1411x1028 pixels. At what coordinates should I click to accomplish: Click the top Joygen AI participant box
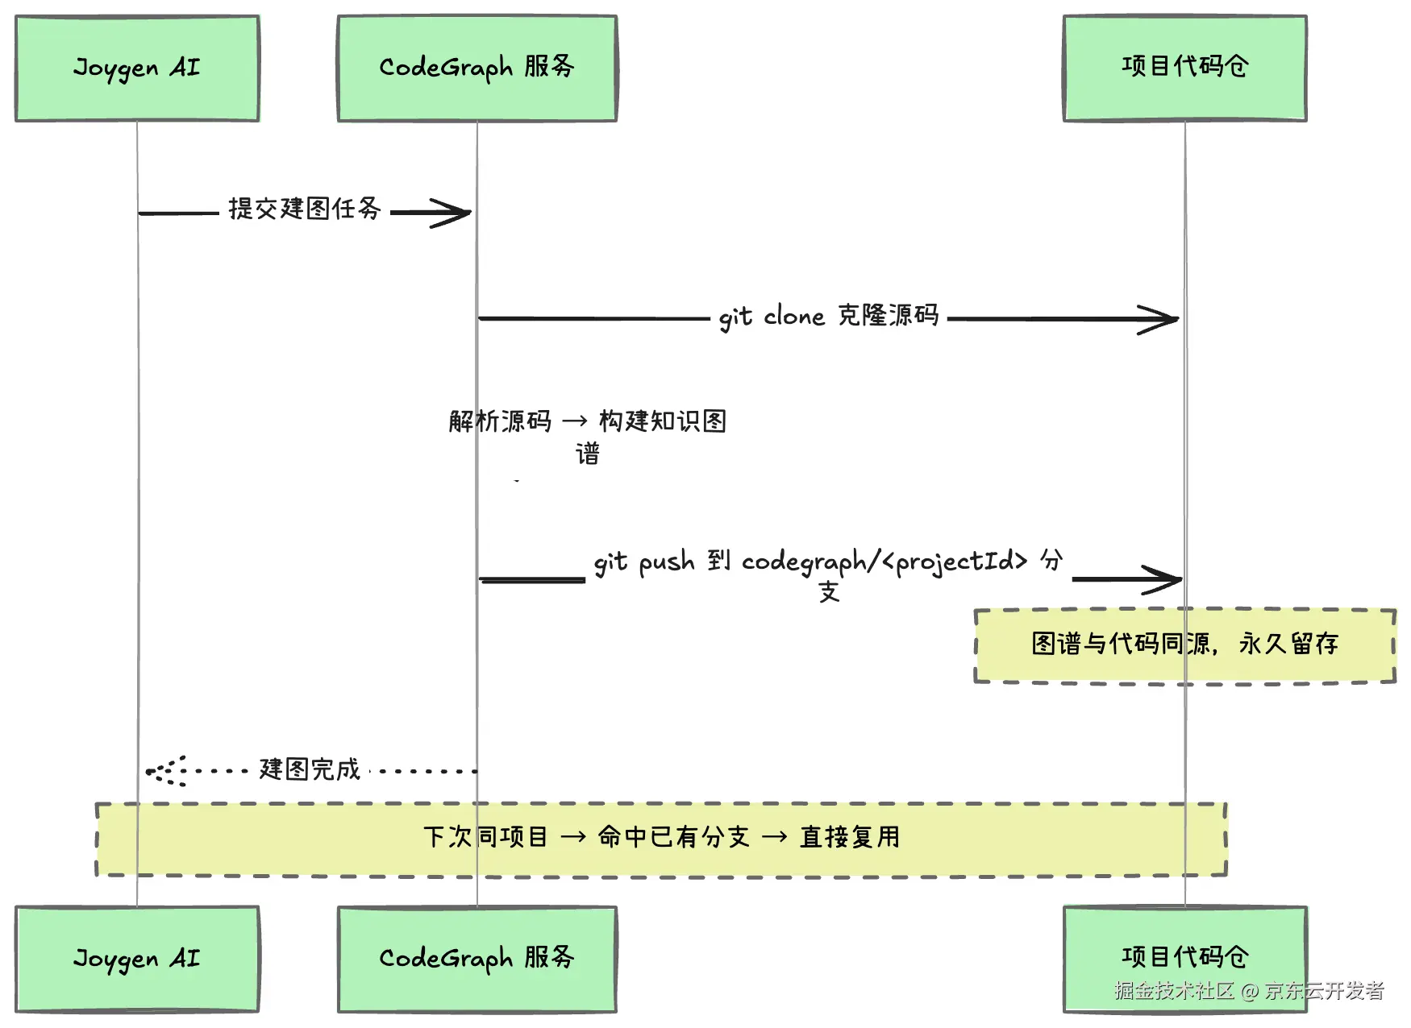tap(137, 68)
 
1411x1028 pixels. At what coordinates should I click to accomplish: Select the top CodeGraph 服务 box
tap(477, 68)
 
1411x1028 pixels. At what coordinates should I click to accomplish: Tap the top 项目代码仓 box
tap(1184, 68)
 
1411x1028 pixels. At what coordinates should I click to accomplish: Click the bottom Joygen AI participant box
tap(137, 959)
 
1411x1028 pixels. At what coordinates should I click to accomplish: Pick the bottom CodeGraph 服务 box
tap(477, 959)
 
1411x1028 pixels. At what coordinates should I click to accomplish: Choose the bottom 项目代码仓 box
tap(1184, 959)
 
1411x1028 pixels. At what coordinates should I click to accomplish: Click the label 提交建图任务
tap(305, 209)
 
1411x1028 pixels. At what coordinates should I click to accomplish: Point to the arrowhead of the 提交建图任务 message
tap(470, 213)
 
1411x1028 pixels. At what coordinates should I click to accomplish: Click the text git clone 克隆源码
tap(829, 316)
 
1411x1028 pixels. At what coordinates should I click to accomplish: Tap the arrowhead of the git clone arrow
tap(1177, 319)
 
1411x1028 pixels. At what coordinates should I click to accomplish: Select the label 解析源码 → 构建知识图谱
tap(588, 437)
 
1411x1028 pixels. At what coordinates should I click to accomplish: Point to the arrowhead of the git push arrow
tap(1180, 578)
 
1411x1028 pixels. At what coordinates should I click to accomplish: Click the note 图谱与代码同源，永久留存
tap(1184, 645)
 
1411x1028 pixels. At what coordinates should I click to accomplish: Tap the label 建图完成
tap(310, 769)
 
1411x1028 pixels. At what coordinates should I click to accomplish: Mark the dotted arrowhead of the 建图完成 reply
tap(148, 771)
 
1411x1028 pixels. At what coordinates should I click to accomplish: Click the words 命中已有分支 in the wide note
tap(674, 837)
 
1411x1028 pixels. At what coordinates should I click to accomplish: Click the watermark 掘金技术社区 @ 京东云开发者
tap(1249, 990)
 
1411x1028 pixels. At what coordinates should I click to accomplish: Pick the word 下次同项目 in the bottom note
tap(485, 837)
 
